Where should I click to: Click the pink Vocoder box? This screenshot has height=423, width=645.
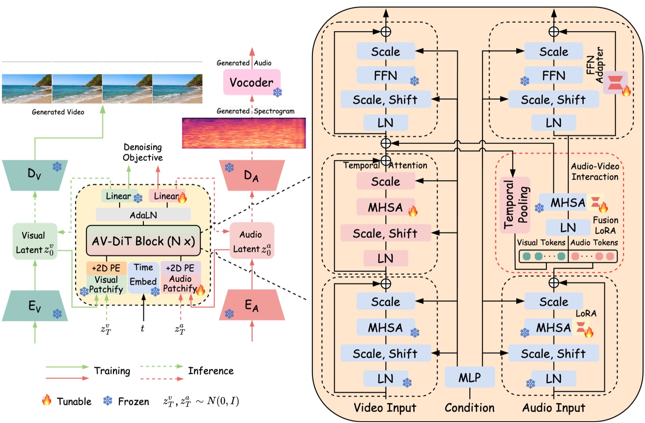coord(252,82)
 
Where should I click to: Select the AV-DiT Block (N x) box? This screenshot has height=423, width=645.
coord(143,241)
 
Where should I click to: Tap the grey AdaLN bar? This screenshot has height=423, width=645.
coord(143,215)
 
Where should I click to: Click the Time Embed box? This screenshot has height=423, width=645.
coord(143,278)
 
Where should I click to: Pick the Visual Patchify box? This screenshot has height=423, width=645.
coord(106,284)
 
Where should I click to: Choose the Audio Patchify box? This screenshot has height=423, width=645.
coord(181,284)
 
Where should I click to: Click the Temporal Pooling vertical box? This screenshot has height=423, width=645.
coord(515,205)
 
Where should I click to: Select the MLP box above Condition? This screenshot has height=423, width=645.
coord(470,377)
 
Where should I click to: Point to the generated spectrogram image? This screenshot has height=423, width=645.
coord(244,133)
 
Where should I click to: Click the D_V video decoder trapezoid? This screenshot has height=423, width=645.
coord(35,175)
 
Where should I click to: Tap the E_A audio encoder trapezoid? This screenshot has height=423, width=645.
coord(252,305)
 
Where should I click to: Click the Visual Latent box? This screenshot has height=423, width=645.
coord(35,241)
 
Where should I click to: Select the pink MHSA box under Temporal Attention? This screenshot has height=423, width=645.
coord(386,207)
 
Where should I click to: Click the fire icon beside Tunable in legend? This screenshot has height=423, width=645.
coord(46,400)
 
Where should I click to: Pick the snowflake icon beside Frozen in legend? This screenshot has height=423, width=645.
coord(108,401)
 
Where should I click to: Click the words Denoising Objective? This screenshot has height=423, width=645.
coord(143,152)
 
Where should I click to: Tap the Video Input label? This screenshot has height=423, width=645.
coord(385,408)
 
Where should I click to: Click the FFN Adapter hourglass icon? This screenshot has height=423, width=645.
coord(615,82)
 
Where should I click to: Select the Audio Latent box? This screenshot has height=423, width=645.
coord(252,241)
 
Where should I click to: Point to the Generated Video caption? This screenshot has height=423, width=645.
coord(58,112)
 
